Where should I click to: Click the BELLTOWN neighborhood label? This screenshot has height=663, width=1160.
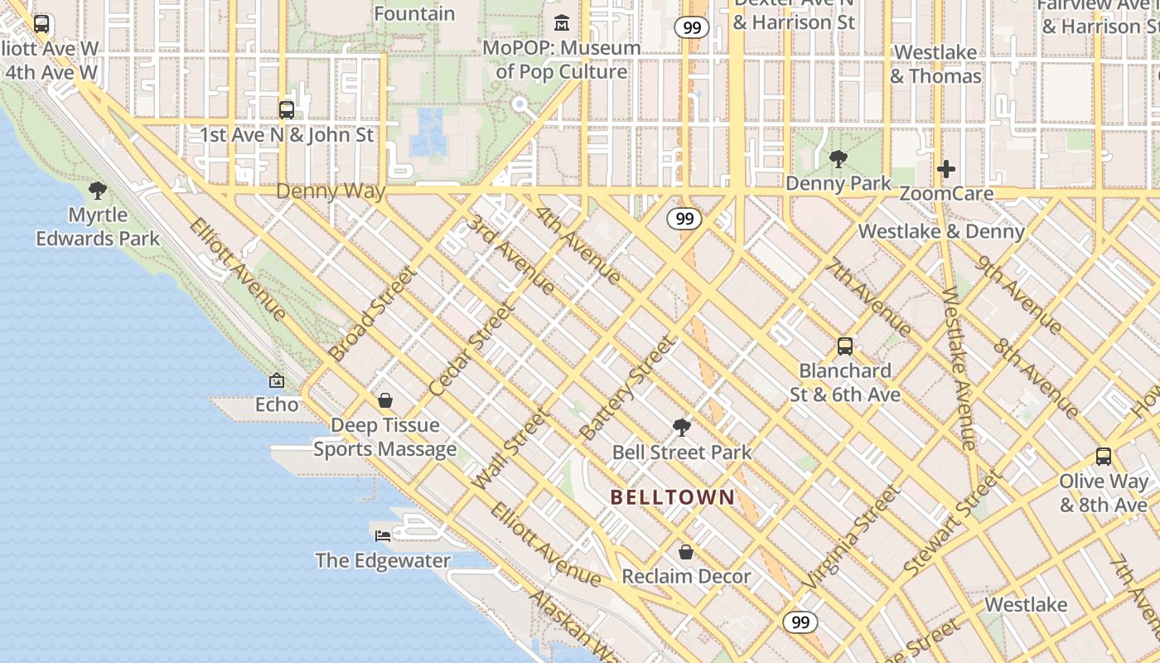click(672, 497)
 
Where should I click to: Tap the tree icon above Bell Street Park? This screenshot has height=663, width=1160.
click(682, 428)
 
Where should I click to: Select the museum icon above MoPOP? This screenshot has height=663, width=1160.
click(562, 22)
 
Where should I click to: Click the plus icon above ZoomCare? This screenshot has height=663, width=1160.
click(945, 169)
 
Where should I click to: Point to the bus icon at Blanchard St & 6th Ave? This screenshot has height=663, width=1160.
click(844, 346)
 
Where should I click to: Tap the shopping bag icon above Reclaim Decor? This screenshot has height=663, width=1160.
click(686, 552)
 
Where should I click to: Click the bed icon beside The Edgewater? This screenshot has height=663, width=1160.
click(383, 536)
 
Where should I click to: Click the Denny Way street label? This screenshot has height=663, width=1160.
click(331, 191)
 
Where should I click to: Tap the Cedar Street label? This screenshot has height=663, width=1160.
click(472, 349)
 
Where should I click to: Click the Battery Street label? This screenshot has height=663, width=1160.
click(627, 388)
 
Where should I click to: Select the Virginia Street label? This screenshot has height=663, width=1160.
click(852, 538)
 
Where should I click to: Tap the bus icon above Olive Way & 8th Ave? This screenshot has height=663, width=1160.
click(1103, 457)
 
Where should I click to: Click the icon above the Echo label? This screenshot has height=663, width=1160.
click(277, 381)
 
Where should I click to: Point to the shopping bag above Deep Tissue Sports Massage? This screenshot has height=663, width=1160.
click(385, 401)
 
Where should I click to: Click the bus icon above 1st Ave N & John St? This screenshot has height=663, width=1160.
click(286, 109)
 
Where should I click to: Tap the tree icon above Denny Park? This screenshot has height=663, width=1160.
click(838, 159)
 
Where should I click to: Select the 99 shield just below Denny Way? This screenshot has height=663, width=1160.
click(684, 219)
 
